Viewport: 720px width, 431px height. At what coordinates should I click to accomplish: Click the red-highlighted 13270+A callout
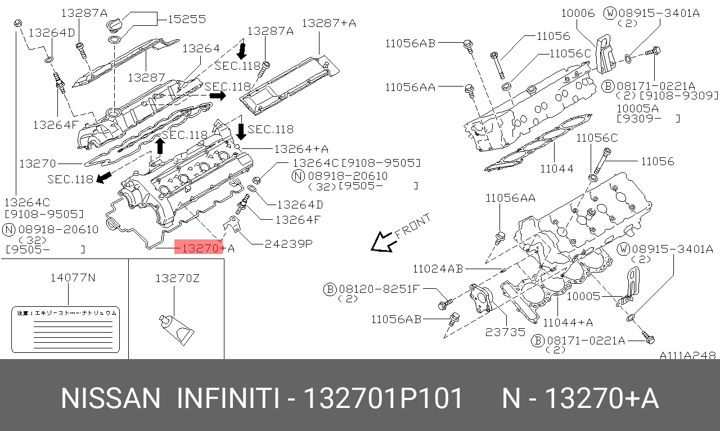[199, 248]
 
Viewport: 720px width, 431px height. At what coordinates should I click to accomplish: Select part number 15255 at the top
[187, 19]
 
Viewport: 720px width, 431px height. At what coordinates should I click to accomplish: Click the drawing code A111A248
[687, 355]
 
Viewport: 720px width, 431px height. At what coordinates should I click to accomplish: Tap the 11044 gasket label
[556, 168]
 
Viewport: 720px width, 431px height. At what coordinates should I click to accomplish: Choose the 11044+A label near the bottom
[568, 322]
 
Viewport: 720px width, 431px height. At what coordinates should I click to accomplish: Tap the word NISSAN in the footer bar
[110, 398]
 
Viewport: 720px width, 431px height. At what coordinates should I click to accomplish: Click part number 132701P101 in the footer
[383, 398]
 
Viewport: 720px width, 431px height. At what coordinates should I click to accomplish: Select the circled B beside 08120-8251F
[329, 289]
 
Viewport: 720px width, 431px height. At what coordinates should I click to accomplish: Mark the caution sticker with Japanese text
[65, 329]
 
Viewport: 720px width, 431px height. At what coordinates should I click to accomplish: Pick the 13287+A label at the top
[328, 23]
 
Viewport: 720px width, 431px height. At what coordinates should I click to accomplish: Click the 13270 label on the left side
[38, 164]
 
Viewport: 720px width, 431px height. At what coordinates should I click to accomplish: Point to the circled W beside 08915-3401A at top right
[610, 13]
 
